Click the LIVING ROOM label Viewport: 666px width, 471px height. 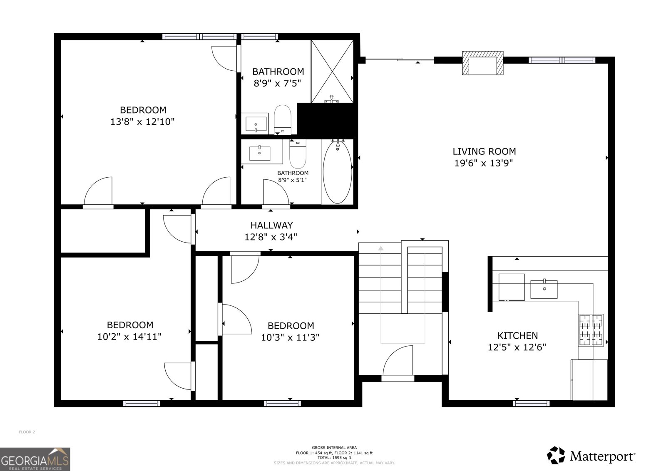(x=484, y=151)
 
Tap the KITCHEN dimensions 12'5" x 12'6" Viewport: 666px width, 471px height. (x=517, y=347)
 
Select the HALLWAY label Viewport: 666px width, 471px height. (x=271, y=225)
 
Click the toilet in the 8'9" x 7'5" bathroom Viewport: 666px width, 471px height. (x=283, y=118)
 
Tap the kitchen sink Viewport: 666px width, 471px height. (x=544, y=289)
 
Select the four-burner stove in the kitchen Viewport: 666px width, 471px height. (x=591, y=330)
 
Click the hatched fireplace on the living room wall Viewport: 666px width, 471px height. (x=483, y=63)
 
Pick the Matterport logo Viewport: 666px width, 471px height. (x=591, y=456)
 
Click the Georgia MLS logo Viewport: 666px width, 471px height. (x=35, y=459)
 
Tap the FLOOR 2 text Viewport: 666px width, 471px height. (x=27, y=432)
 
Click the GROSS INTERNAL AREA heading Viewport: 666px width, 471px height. (x=334, y=448)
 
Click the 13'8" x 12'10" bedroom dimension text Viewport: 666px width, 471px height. (x=142, y=122)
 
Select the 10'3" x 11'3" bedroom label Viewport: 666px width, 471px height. (x=291, y=326)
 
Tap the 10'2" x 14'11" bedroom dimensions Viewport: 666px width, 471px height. (x=129, y=337)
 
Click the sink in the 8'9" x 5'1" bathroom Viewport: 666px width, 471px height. (x=260, y=153)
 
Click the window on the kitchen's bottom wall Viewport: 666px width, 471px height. (x=531, y=403)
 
